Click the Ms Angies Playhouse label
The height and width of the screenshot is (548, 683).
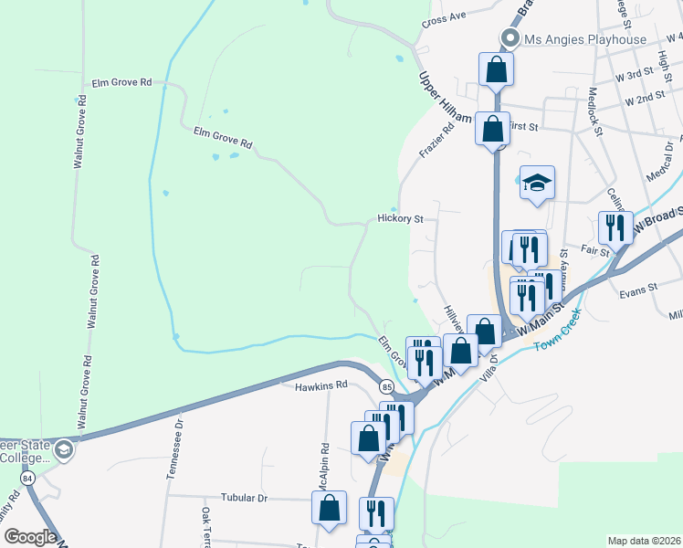(x=584, y=39)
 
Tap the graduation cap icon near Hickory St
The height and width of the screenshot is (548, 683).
(x=537, y=183)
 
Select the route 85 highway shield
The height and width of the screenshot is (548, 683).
(x=386, y=386)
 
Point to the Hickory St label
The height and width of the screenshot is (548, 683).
(x=402, y=219)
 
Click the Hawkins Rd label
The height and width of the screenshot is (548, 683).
(x=322, y=386)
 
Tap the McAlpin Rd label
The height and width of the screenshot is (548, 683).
(x=325, y=467)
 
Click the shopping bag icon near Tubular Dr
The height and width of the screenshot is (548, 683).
(x=329, y=508)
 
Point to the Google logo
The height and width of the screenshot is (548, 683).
(x=29, y=538)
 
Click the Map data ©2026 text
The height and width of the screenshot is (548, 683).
(x=644, y=541)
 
